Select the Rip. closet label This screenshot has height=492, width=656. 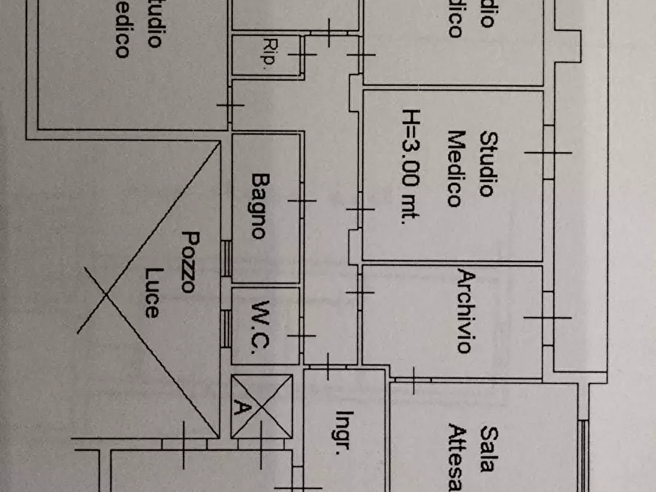[267, 55]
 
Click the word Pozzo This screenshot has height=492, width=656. [190, 261]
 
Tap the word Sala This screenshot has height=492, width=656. [486, 441]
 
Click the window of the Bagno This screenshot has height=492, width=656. [226, 258]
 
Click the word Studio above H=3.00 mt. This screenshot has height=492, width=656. [486, 164]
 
